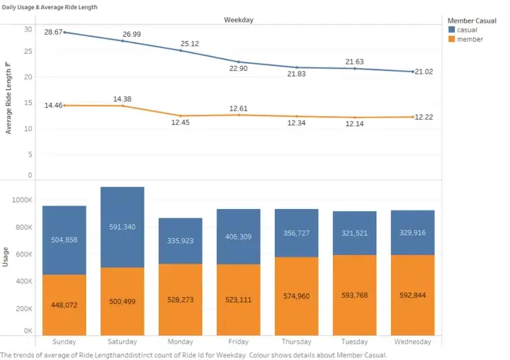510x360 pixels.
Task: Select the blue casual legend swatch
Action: tap(452, 30)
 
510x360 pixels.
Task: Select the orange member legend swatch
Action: tap(452, 40)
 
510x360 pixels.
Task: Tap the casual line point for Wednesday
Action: tap(413, 72)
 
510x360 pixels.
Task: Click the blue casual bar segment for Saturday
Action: tap(123, 227)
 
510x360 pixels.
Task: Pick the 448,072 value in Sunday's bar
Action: tap(64, 305)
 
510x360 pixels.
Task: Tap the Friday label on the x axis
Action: tap(239, 342)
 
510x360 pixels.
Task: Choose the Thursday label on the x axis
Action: tap(297, 342)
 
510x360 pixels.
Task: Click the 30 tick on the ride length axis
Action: tap(28, 29)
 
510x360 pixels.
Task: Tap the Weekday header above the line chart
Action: tap(239, 20)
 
